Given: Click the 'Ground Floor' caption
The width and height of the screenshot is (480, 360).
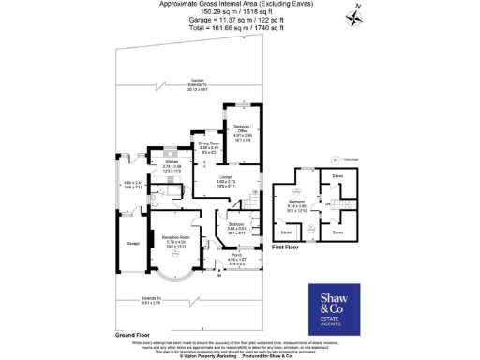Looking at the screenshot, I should pyautogui.click(x=134, y=335).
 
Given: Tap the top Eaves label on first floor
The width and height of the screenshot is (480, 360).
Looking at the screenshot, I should pyautogui.click(x=337, y=174).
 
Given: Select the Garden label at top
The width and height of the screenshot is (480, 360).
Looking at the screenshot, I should pyautogui.click(x=197, y=81).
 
